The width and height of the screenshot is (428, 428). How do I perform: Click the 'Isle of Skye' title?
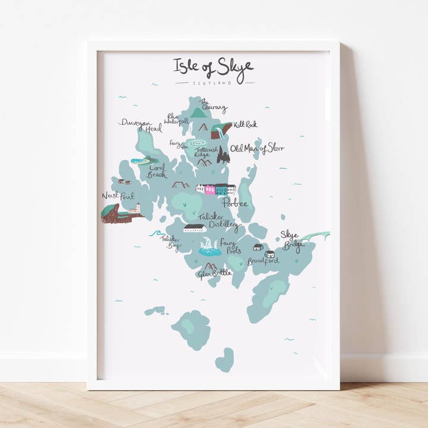click(x=213, y=66)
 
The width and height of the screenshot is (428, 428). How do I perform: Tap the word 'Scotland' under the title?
click(x=215, y=83)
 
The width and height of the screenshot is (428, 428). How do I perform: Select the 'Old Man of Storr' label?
click(x=257, y=149)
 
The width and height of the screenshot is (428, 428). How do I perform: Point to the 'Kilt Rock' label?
click(x=245, y=125)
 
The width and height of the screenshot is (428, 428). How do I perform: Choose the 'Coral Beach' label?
click(x=158, y=171)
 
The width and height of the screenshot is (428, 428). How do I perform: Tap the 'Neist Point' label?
click(x=118, y=196)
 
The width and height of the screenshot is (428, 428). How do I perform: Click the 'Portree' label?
click(x=234, y=203)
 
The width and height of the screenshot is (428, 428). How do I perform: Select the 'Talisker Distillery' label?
click(x=218, y=221)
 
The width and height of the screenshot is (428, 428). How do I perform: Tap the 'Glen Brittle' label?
click(x=214, y=273)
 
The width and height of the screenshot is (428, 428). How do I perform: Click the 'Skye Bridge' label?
click(x=292, y=238)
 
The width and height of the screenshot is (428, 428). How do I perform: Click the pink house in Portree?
click(x=210, y=190)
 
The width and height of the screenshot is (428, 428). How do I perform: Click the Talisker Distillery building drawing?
click(x=195, y=228)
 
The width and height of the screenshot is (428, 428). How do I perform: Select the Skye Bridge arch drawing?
click(x=315, y=237)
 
